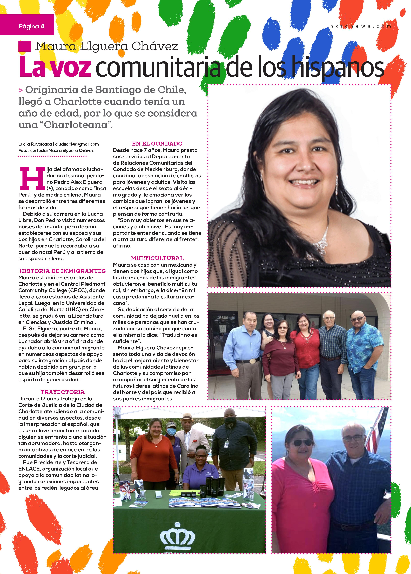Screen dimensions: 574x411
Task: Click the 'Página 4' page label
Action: (x=31, y=26)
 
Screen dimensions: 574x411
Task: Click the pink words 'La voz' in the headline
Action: (x=55, y=67)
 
